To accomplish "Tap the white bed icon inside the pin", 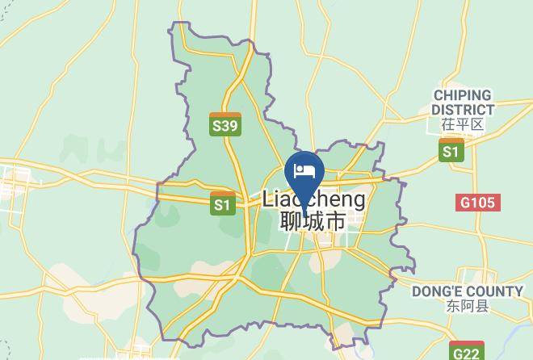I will click(304, 170).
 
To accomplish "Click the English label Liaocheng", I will click(314, 199).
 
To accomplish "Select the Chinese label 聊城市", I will click(314, 220).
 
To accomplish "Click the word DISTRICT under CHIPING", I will click(462, 110).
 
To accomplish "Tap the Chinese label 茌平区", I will click(462, 125).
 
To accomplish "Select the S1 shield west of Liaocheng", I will click(223, 204).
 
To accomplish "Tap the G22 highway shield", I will click(467, 352).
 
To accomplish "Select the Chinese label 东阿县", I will click(467, 306).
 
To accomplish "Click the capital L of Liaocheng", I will click(268, 199).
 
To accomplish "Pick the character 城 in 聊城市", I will click(314, 220).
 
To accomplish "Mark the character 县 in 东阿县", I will click(482, 306).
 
